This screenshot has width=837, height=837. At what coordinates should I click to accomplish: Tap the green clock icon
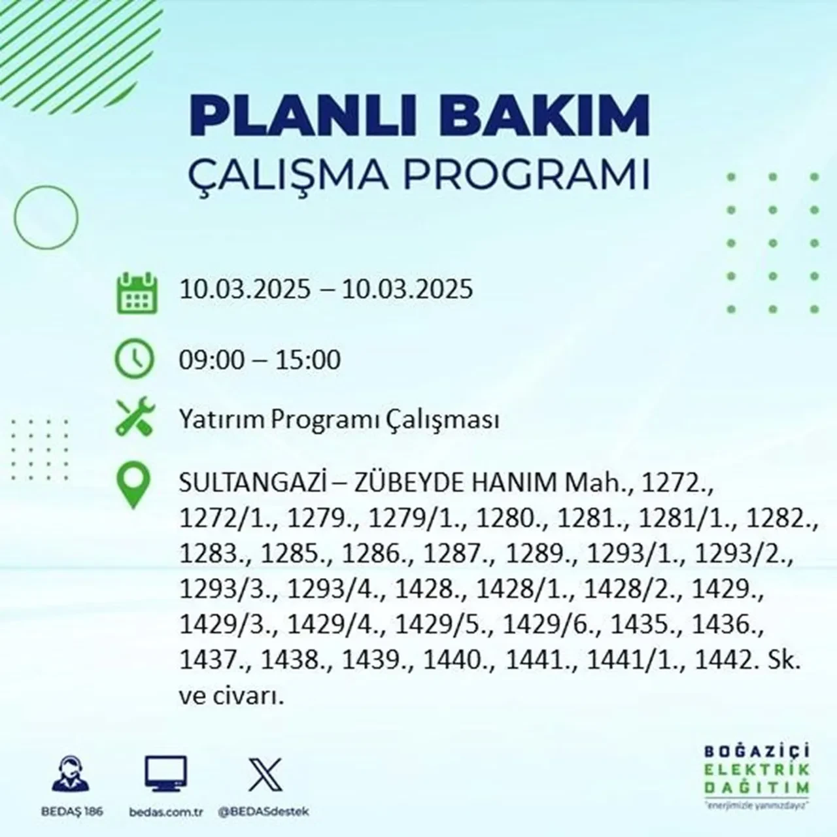[134, 359]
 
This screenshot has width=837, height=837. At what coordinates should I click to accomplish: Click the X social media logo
[265, 774]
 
